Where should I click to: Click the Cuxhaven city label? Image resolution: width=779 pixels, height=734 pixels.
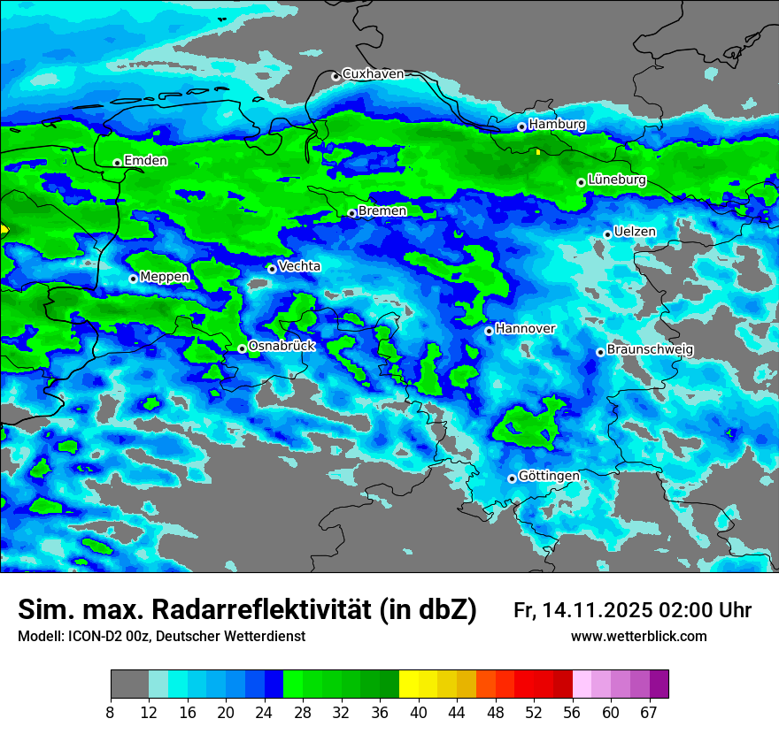373,74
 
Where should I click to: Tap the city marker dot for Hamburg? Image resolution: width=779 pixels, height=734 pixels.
521,126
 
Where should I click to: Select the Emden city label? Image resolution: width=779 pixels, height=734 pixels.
145,161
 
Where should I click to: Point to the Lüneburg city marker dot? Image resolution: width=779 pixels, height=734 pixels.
581,182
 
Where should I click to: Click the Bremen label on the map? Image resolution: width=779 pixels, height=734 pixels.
382,211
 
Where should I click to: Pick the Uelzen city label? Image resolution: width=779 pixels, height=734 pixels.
635,232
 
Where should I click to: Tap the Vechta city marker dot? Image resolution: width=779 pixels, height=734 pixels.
272,269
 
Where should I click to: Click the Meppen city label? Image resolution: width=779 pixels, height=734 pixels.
165,277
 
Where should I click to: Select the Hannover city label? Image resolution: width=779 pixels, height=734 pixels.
525,329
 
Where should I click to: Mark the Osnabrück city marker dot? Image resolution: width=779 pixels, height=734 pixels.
242,348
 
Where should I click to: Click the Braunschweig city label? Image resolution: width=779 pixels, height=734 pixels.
650,350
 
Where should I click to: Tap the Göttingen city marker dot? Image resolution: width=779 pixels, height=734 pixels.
512,478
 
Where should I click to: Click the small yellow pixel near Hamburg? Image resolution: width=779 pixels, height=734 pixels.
537,151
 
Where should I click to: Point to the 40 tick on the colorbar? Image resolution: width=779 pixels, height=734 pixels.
418,713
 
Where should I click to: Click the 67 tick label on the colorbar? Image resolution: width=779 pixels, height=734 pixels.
649,713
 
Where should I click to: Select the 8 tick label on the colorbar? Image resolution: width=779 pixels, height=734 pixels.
110,713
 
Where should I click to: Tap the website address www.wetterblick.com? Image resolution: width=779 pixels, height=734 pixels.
638,636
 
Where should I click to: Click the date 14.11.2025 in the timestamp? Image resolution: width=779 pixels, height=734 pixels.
599,610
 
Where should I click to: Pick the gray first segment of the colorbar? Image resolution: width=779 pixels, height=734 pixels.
129,684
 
